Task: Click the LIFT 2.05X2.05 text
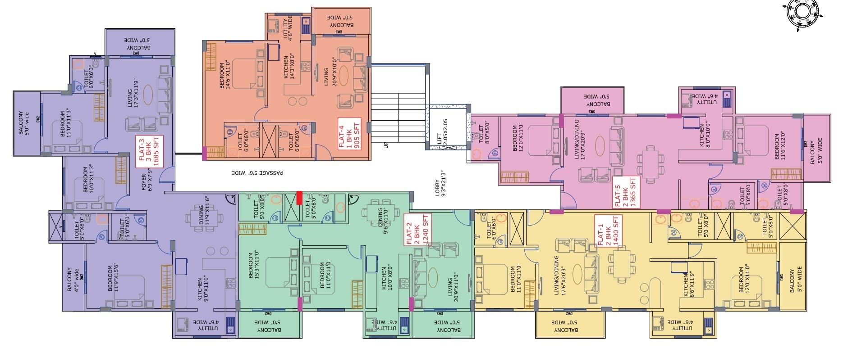443,131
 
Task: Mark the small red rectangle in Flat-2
299,198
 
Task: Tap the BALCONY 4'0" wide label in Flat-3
73,280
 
